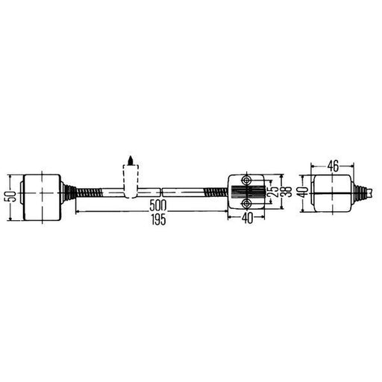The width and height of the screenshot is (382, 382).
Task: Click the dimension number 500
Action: tap(158, 205)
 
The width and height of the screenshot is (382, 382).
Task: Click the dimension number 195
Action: tap(159, 219)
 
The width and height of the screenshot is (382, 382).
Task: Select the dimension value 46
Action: tap(333, 166)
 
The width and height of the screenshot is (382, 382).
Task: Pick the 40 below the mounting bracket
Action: tap(247, 219)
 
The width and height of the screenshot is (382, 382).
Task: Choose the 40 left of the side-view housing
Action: tap(304, 192)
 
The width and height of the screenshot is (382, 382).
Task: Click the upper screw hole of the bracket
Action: tap(246, 181)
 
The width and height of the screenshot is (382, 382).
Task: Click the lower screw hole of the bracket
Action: tap(246, 204)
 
